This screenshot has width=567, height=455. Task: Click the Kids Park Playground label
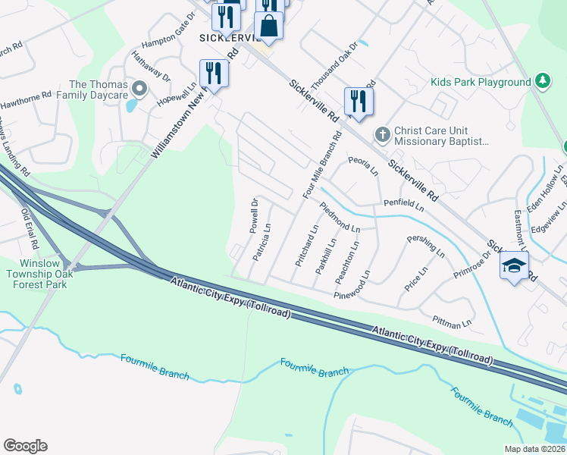(x=481, y=82)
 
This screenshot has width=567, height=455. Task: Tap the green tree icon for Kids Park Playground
(x=542, y=80)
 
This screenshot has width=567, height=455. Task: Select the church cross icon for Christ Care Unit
(x=383, y=135)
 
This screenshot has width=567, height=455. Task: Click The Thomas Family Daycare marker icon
(x=138, y=89)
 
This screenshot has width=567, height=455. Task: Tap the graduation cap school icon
(x=514, y=266)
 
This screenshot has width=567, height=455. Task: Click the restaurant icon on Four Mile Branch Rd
(x=358, y=101)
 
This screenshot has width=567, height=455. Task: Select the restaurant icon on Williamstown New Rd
(x=213, y=73)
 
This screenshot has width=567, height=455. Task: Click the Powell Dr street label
(x=255, y=215)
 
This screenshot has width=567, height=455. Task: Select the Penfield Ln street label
(x=403, y=203)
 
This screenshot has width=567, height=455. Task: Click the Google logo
(x=25, y=445)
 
